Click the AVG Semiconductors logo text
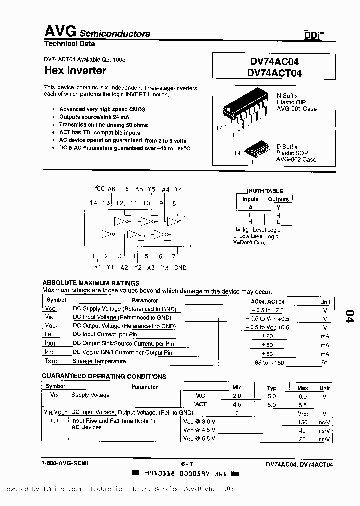(97, 32)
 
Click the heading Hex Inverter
(75, 71)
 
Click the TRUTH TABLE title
(264, 191)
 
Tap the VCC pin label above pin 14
(99, 189)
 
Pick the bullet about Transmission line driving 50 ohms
(104, 124)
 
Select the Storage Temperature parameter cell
(100, 361)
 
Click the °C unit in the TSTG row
(325, 362)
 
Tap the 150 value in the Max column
(302, 422)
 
